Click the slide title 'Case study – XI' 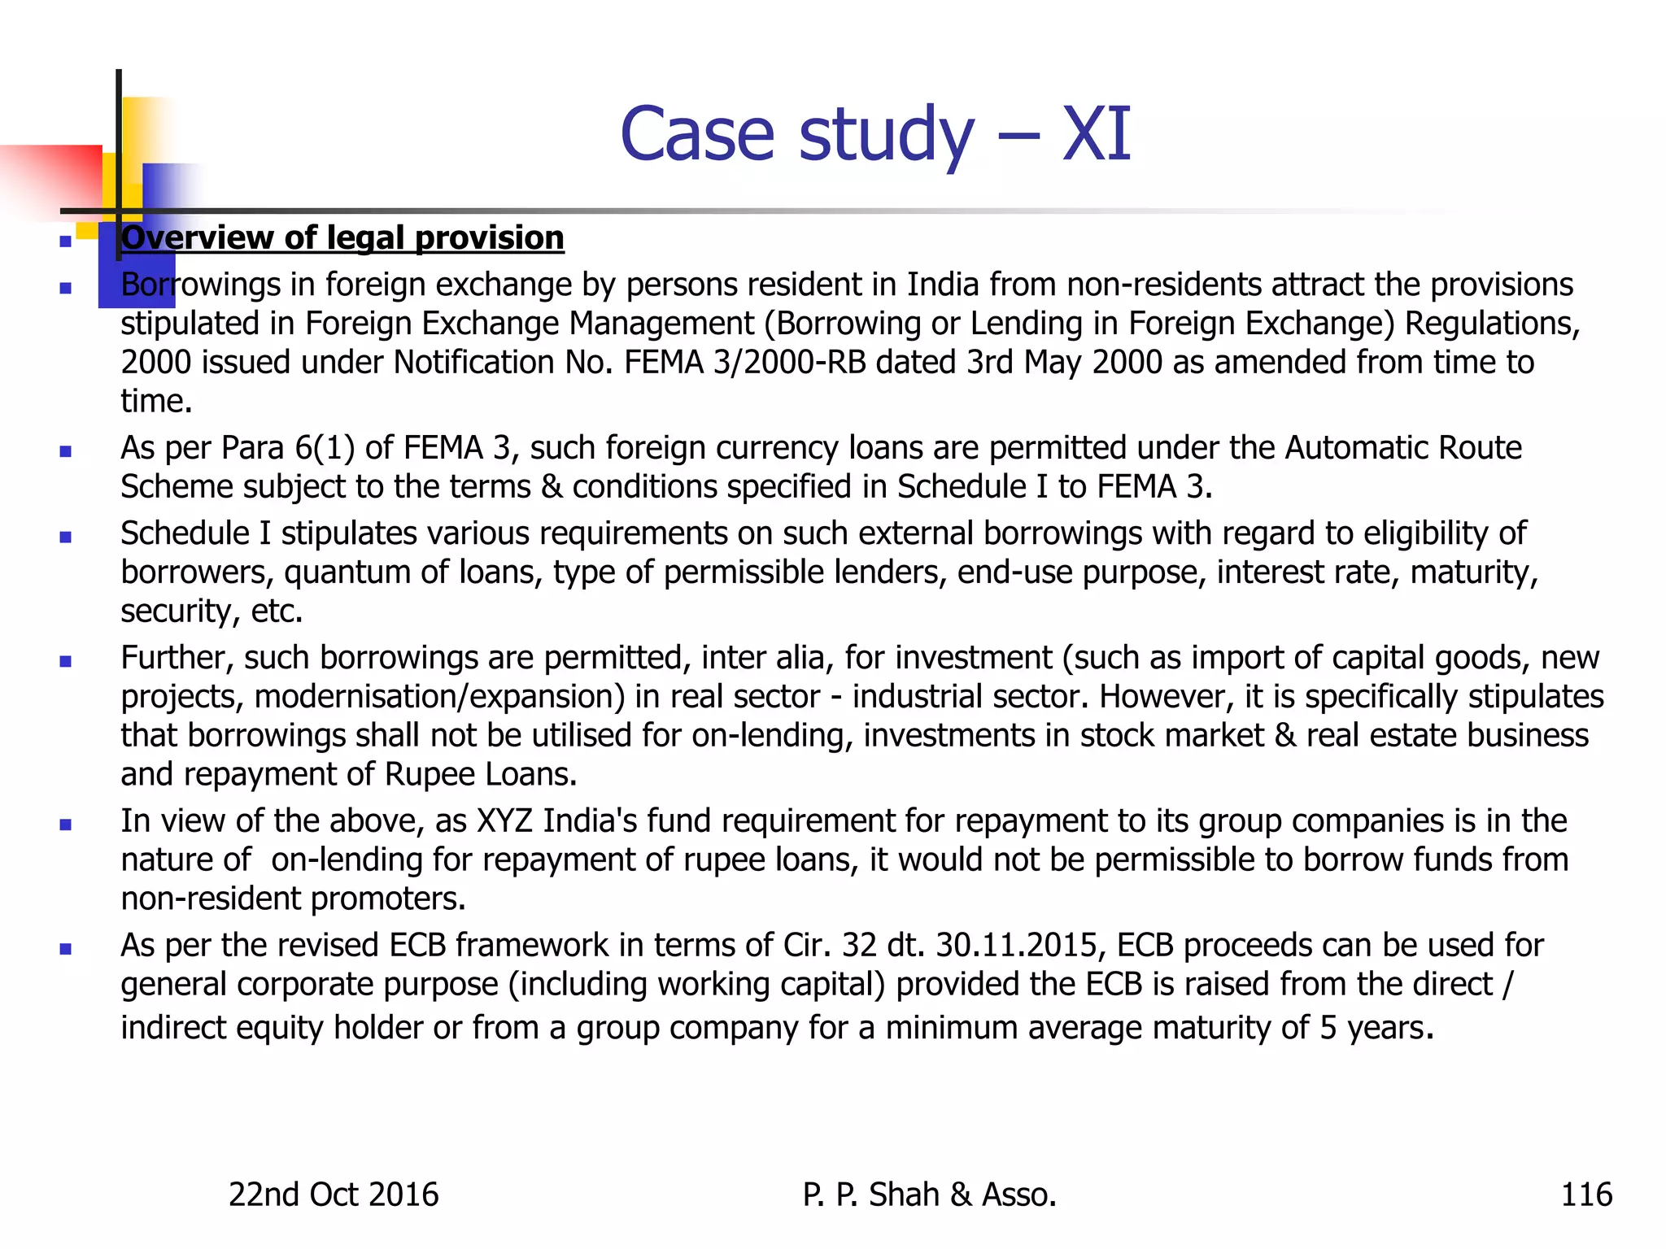click(874, 134)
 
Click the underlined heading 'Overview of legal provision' click(342, 238)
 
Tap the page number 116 click(1585, 1195)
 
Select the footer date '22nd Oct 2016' click(334, 1195)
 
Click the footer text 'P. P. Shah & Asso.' click(929, 1195)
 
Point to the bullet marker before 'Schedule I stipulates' click(66, 537)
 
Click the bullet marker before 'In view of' click(66, 825)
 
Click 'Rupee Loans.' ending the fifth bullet click(480, 775)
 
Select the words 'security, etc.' click(212, 611)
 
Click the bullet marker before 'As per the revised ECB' click(66, 949)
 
